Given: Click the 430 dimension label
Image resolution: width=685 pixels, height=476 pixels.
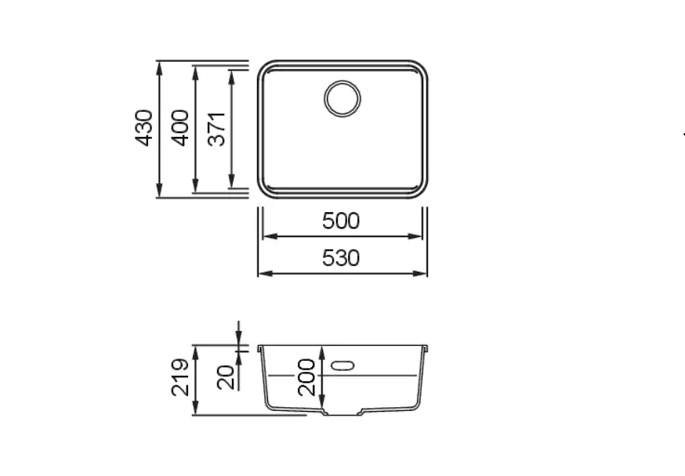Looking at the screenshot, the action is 144,128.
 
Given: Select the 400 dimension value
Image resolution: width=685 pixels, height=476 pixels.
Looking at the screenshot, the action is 180,128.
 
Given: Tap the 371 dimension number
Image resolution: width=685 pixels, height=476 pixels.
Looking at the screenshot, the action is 216,129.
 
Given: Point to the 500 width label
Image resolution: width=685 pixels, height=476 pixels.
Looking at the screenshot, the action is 341,221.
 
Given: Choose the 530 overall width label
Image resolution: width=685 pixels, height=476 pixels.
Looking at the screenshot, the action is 341,258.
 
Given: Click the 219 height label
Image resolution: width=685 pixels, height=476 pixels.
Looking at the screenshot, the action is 180,378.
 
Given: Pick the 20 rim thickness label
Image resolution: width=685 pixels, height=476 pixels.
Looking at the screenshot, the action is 226,378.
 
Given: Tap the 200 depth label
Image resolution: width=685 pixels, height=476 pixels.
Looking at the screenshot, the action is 306,378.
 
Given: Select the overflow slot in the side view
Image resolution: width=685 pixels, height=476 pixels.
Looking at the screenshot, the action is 342,365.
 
